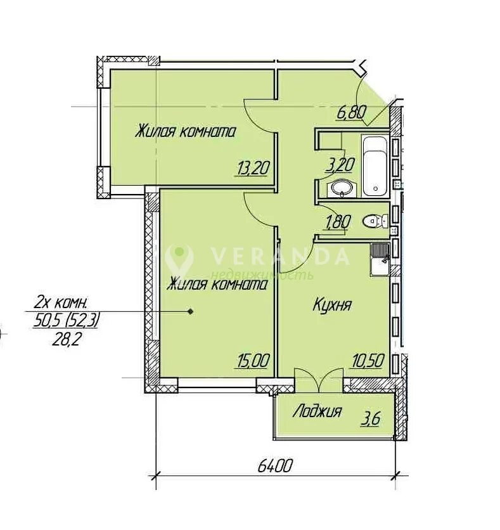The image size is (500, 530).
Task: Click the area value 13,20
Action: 253,168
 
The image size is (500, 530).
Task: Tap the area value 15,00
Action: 253,361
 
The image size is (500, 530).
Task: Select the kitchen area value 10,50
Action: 368,361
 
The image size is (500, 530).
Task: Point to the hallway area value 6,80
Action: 351,113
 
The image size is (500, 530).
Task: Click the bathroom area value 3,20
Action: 340,165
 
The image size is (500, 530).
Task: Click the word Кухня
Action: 332,304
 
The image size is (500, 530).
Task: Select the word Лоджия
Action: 317,411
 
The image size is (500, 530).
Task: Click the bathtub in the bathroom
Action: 375,165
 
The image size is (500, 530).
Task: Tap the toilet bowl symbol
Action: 375,221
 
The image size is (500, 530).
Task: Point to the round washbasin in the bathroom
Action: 341,188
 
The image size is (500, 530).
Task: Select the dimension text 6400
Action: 274,467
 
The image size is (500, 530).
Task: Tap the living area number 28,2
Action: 65,340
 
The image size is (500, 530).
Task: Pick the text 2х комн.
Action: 60,304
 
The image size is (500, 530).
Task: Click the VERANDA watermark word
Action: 279,256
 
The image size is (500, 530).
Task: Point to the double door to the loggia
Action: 319,380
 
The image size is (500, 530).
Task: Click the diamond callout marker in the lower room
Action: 191,312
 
